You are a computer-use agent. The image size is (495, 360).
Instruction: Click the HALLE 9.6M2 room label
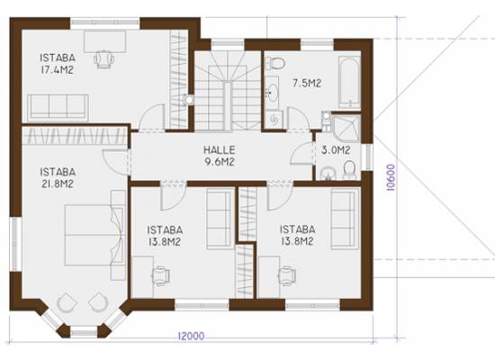[220, 156]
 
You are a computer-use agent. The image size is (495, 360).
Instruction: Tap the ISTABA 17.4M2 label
[58, 64]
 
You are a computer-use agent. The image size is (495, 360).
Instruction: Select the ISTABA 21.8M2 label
[58, 178]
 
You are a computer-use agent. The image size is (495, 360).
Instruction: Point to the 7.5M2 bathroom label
[307, 84]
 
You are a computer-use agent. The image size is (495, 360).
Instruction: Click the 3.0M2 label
[336, 150]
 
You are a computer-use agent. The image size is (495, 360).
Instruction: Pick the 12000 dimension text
[192, 336]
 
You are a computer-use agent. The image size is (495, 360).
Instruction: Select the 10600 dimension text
[391, 177]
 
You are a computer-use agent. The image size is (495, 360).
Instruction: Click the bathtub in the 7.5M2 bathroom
[349, 83]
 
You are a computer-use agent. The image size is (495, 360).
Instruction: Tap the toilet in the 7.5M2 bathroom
[275, 64]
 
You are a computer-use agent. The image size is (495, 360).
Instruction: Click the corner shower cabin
[346, 128]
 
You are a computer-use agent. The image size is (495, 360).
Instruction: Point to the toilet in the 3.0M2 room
[349, 169]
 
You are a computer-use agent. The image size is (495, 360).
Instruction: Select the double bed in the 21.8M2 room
[94, 235]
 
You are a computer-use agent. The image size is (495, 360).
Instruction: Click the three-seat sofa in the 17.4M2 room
[58, 107]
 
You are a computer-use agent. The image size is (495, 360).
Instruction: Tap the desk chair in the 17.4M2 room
[103, 59]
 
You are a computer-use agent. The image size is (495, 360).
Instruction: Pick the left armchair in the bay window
[67, 302]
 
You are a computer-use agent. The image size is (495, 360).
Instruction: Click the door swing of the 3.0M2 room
[301, 154]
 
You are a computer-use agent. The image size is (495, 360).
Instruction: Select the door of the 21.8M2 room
[116, 162]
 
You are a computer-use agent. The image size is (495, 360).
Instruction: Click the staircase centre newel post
[228, 105]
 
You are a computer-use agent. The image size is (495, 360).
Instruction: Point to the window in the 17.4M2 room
[104, 22]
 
